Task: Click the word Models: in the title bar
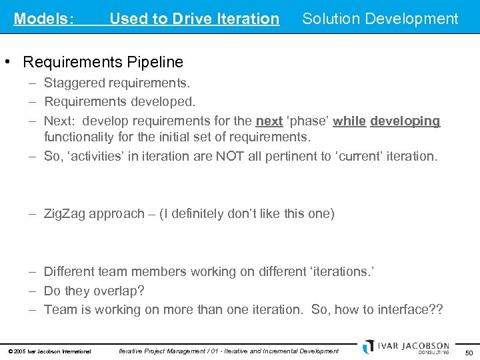pos(44,19)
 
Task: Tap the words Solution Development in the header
pos(380,19)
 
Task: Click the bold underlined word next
pos(269,121)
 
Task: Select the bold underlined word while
pos(349,121)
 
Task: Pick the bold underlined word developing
pos(405,121)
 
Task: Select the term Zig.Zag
pos(65,214)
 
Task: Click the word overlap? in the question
pos(120,291)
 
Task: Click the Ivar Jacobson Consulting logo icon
pos(369,347)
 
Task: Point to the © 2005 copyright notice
pos(49,351)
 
